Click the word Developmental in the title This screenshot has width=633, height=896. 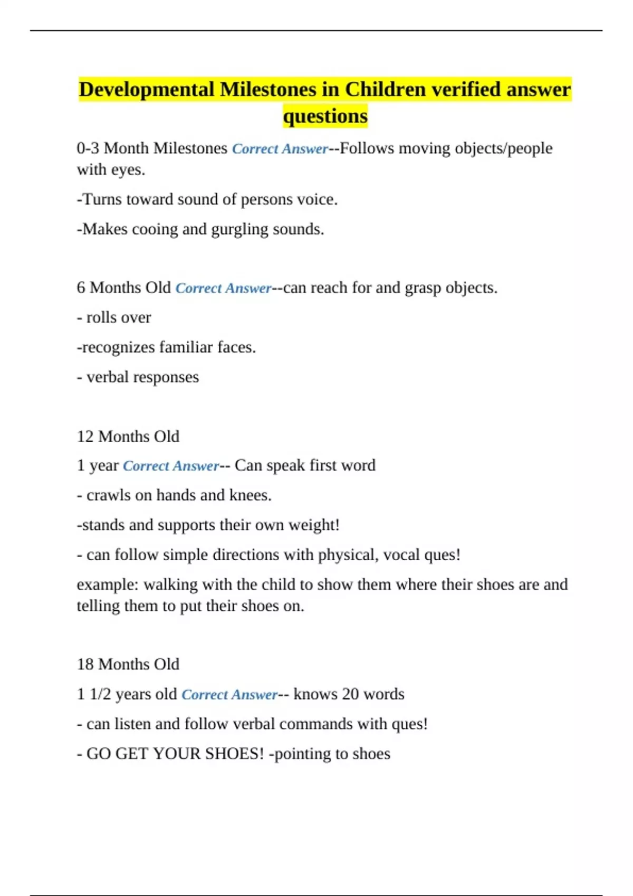147,90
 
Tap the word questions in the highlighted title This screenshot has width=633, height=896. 325,116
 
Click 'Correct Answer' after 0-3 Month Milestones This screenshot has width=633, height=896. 280,149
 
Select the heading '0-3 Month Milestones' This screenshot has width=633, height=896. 152,149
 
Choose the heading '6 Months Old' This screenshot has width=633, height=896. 124,288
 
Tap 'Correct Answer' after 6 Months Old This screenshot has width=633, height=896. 223,288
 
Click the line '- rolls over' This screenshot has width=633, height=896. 114,318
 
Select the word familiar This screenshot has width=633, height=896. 186,347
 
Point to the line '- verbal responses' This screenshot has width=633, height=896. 138,377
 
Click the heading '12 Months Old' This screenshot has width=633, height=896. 128,436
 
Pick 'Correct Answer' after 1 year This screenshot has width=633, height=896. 170,466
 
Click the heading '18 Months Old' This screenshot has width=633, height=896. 128,664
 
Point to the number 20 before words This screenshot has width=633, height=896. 350,694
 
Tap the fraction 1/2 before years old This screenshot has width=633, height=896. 100,694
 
